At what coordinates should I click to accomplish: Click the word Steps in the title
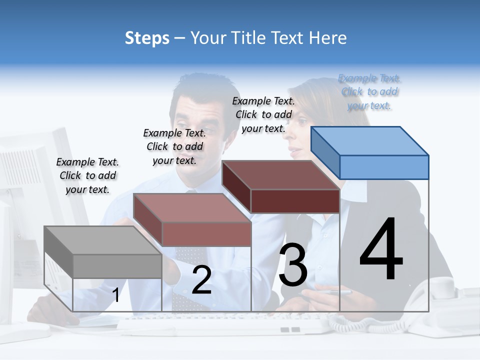point(147,38)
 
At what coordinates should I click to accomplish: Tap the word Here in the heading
point(328,38)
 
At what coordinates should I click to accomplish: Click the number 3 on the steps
point(293,265)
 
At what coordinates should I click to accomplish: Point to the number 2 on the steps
point(201,280)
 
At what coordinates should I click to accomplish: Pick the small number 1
point(116,295)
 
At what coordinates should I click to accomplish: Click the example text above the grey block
point(87,175)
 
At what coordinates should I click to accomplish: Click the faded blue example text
point(369,92)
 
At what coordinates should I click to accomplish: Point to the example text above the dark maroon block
point(263,114)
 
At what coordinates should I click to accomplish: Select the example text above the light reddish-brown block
point(174,146)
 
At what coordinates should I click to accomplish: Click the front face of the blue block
point(384,167)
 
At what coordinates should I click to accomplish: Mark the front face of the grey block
point(117,266)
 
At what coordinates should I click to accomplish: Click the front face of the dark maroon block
point(295,201)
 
